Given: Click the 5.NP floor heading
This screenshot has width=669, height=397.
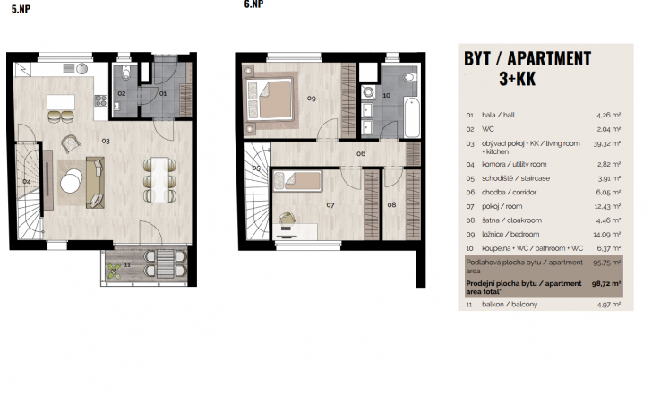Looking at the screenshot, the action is point(21,9).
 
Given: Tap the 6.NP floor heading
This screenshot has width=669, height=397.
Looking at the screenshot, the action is point(253,4).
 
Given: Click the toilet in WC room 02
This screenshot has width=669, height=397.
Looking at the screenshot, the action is point(126,73).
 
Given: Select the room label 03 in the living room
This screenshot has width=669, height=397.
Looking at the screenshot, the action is point(106,141).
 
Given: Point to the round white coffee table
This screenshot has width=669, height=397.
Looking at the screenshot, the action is point(72,181).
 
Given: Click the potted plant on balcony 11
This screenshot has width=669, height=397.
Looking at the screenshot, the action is point(114,271).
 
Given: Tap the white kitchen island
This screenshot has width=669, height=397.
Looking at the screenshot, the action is point(61,102).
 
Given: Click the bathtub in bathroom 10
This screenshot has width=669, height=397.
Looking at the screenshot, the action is point(412,117).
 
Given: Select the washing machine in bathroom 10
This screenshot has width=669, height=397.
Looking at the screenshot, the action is point(368,92).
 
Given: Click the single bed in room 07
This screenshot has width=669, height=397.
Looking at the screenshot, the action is point(298,181).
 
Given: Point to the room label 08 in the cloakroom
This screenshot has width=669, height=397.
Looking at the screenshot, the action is point(391,205).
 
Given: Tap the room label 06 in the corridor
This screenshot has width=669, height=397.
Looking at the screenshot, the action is point(361,153).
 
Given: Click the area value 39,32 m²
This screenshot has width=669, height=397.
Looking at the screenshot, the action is point(606,144).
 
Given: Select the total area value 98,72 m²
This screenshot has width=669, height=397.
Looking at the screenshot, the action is point(606,283).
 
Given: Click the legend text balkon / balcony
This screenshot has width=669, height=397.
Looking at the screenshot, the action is point(510,305).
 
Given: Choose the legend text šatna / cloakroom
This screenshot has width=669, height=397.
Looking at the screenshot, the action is point(511,220).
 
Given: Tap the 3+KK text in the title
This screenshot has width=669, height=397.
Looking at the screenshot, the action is point(517,79).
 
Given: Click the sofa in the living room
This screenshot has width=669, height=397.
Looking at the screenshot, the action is point(95,183).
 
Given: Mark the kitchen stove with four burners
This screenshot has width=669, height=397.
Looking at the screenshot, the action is point(100,100).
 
